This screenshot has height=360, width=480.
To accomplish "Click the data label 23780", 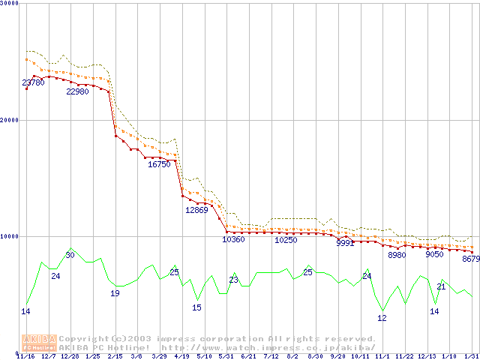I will coord(33,82).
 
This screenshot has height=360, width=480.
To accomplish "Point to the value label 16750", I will coord(159,164).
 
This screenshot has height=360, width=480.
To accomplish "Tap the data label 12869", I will coord(196,210).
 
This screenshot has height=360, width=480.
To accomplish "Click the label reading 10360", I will coord(233,240).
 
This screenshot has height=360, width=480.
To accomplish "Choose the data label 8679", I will coord(471,259).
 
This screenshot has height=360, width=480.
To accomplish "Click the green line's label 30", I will coord(70,255).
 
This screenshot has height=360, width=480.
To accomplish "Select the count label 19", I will coord(115,293).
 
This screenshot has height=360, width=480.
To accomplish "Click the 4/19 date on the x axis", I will coord(181,356).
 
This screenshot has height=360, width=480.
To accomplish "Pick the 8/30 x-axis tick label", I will coord(315,356).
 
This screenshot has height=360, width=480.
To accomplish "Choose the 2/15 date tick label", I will coord(115,356).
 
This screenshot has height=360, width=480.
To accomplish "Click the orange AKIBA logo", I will coord(39,343).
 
